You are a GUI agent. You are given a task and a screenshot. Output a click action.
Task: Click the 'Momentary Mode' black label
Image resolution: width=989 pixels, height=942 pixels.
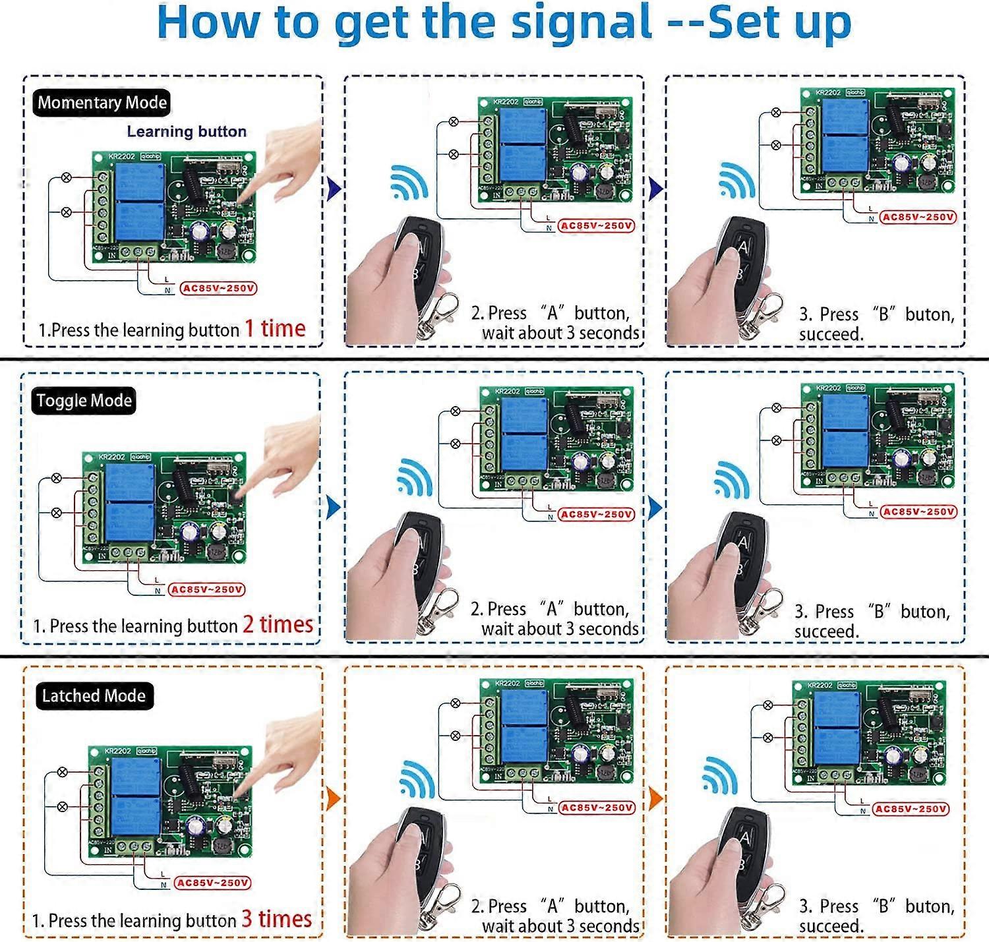click(x=102, y=103)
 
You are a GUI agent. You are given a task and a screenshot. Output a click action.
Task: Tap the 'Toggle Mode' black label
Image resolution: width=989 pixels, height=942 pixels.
click(x=84, y=401)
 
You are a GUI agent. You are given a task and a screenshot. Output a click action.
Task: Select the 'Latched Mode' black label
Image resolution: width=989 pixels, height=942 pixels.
click(x=94, y=696)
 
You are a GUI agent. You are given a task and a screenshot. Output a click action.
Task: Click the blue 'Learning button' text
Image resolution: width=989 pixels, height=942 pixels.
click(x=187, y=132)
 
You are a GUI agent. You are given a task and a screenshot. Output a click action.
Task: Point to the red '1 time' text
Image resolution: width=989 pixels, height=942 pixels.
click(x=275, y=328)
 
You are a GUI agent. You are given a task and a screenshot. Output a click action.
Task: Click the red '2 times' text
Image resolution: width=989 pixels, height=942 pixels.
click(x=277, y=624)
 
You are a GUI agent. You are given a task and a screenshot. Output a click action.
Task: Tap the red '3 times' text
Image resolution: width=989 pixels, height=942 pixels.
click(x=276, y=919)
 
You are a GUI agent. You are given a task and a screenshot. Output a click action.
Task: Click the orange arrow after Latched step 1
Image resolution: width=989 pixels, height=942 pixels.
click(x=334, y=799)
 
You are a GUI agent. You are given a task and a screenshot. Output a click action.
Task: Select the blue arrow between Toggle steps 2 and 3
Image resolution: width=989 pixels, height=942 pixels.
click(x=655, y=508)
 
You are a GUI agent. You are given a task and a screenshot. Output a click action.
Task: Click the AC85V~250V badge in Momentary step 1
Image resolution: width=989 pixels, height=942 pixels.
click(x=219, y=288)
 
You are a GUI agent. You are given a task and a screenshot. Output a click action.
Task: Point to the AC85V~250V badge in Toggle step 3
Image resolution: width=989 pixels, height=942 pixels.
click(x=918, y=512)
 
